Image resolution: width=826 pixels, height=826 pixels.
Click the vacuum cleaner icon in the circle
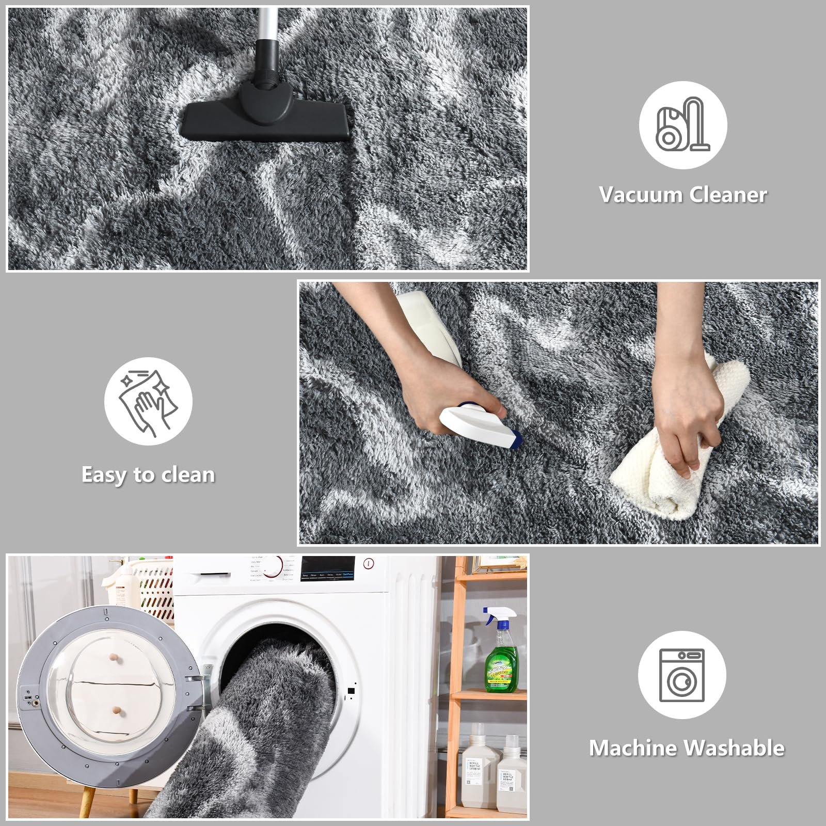pyautogui.click(x=682, y=125)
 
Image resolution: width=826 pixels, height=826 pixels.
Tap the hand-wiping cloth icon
pyautogui.click(x=148, y=401)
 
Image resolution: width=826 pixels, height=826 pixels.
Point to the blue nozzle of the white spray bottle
pyautogui.click(x=514, y=439)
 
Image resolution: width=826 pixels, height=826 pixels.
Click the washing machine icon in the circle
pyautogui.click(x=681, y=675)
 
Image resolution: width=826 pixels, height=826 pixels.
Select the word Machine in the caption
pyautogui.click(x=634, y=748)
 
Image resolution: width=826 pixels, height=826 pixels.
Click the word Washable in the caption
pyautogui.click(x=734, y=748)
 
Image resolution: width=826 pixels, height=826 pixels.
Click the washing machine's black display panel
pyautogui.click(x=328, y=568)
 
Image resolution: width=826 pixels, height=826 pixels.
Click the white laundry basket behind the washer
pyautogui.click(x=155, y=589)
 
